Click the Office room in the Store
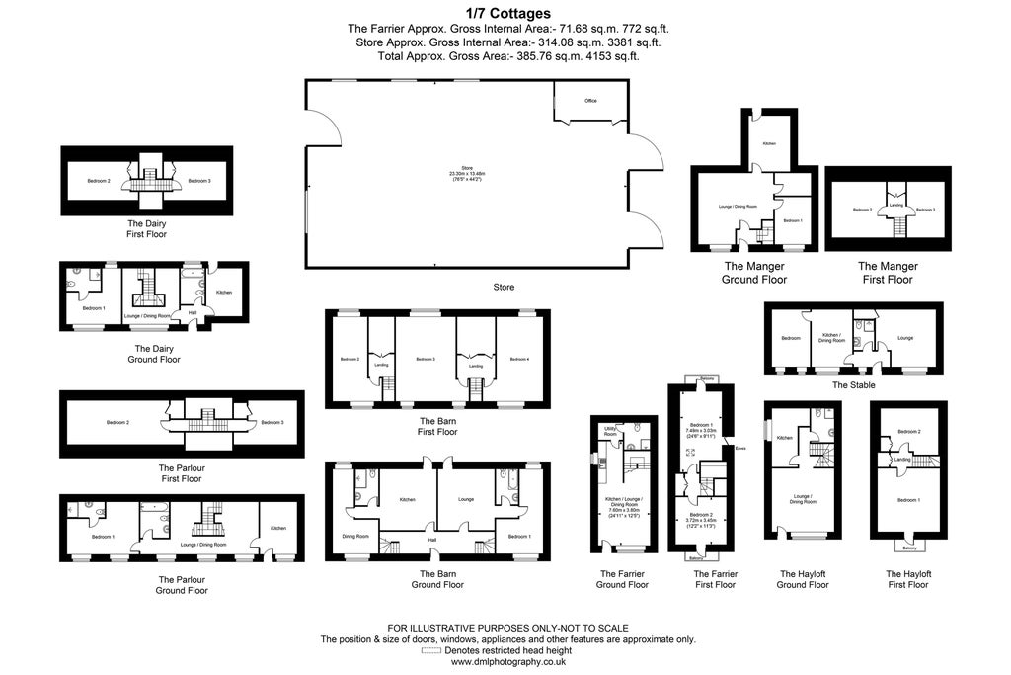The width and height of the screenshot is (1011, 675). (x=590, y=101)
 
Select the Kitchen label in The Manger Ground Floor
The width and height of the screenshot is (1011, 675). (x=768, y=144)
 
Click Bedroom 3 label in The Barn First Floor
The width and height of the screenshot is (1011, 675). (x=426, y=359)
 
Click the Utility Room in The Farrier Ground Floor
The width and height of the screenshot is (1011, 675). (x=610, y=432)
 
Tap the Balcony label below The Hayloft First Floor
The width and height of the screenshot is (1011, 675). (x=907, y=548)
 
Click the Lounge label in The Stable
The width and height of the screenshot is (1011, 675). (x=905, y=338)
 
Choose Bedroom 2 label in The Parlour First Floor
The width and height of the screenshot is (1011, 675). (x=118, y=423)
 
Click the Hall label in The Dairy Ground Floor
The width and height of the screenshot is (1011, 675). (x=193, y=312)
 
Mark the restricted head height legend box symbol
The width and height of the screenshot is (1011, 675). (x=430, y=651)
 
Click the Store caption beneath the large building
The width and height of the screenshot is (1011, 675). (x=504, y=288)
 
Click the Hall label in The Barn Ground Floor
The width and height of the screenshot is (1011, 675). (x=431, y=540)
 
